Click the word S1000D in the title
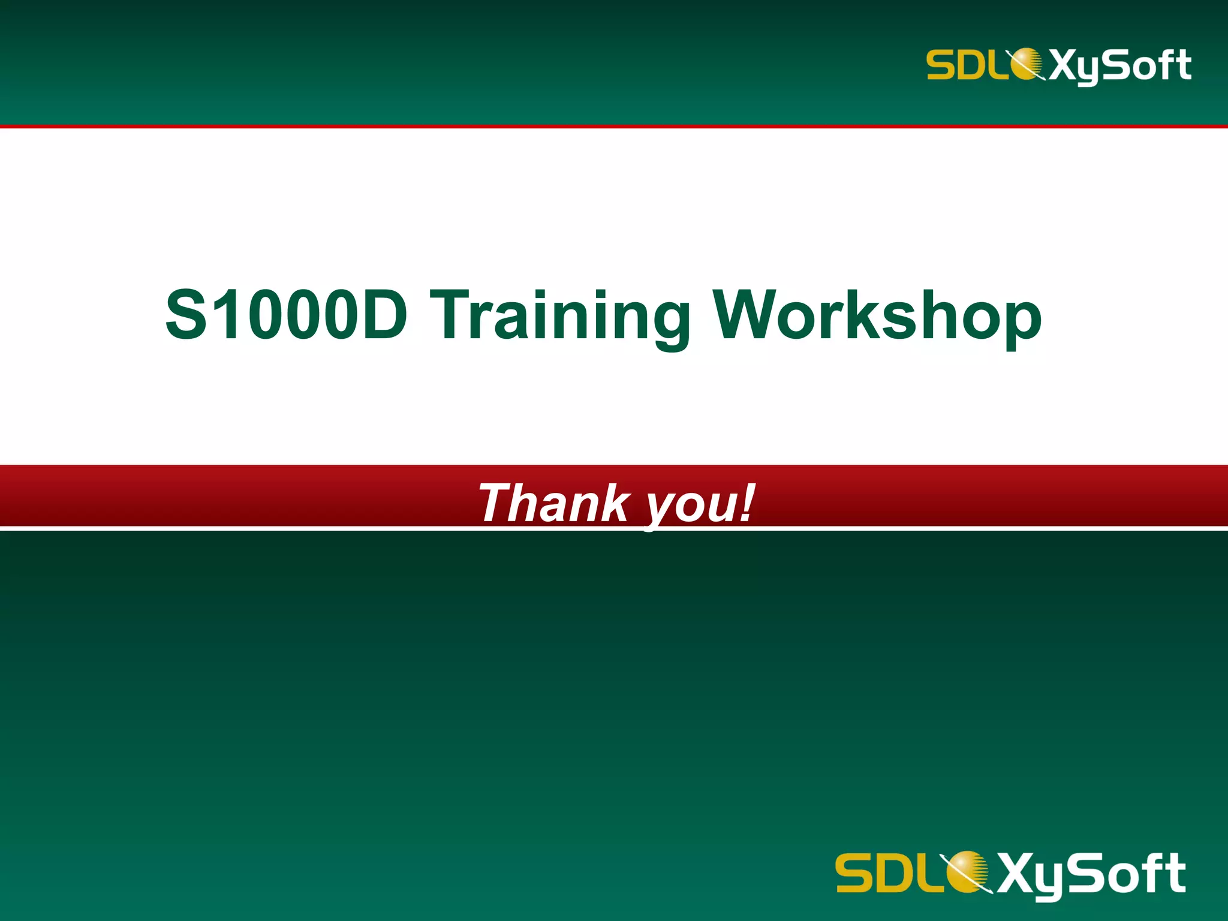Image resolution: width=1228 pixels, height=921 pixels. coord(287,315)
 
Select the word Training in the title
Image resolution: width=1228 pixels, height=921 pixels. coord(560,316)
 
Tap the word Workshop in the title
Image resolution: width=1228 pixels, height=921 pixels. coord(877,316)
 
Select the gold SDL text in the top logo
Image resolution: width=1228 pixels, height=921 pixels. coord(966,64)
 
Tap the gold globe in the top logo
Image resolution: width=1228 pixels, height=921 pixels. coord(1026,64)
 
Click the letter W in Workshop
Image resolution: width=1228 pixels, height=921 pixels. coord(746,315)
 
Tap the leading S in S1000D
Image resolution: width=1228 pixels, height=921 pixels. coord(186,315)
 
